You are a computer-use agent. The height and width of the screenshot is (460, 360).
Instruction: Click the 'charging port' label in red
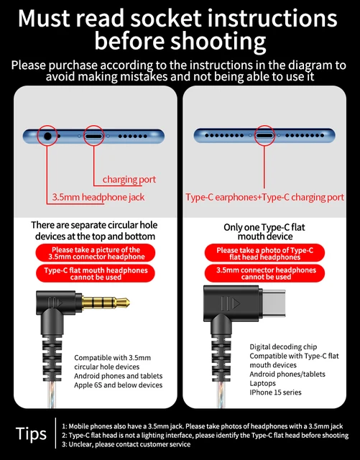[129, 179]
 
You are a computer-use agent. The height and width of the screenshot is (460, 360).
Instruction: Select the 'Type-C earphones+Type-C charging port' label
[264, 197]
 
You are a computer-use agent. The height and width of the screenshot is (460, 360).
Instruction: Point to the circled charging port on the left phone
[94, 134]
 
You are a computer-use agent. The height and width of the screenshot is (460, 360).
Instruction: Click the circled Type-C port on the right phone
[264, 134]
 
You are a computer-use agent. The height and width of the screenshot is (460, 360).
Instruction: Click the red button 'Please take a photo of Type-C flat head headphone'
[266, 252]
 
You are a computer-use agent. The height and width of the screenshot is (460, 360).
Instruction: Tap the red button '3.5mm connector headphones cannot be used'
[266, 273]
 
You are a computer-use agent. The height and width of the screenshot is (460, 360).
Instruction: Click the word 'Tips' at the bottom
[32, 433]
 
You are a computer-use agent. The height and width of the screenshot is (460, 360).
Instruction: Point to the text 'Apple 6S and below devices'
[119, 385]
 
